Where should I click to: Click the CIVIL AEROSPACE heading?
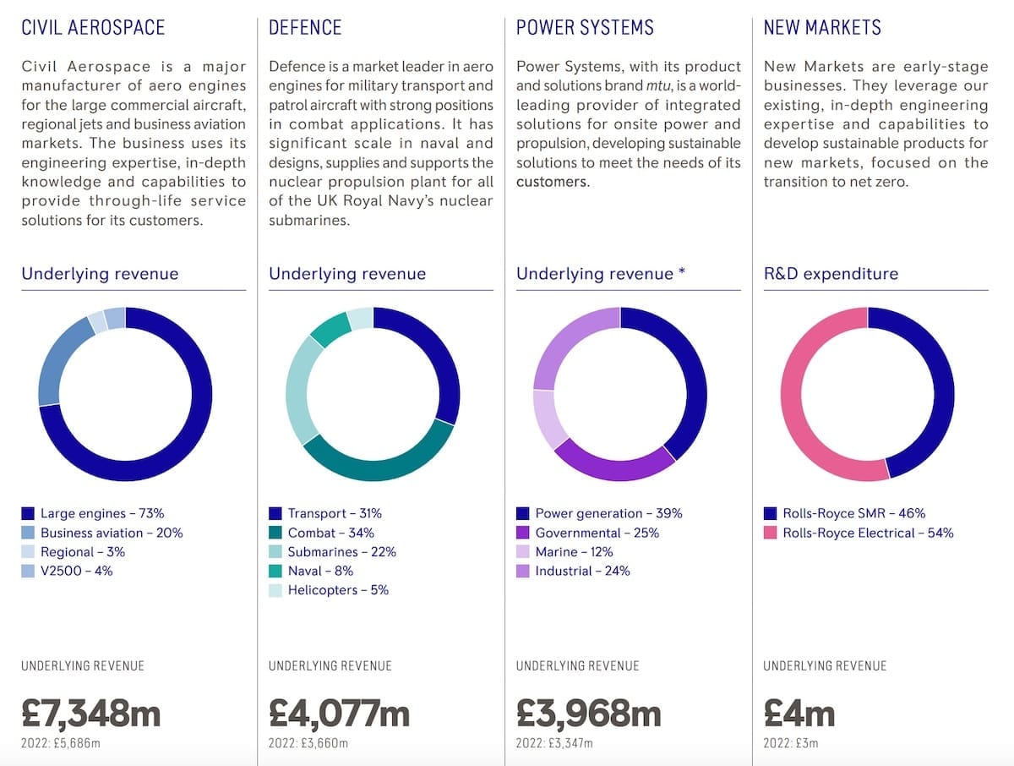point(93,27)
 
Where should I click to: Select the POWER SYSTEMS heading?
point(585,27)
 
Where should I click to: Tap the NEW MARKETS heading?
point(821,27)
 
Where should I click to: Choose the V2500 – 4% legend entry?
point(76,571)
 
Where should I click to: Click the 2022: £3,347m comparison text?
point(554,743)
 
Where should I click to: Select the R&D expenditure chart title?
point(831,274)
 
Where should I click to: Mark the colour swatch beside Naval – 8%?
point(275,572)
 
